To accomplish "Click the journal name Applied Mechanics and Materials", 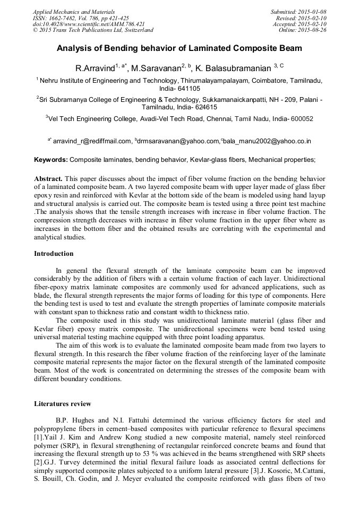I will pyautogui.click(x=74, y=11).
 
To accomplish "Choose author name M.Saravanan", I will pyautogui.click(x=157, y=68).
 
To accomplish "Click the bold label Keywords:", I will pyautogui.click(x=51, y=159).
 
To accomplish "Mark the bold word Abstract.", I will pyautogui.click(x=49, y=177).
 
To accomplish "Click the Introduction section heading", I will pyautogui.click(x=54, y=254).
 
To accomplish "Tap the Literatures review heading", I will pyautogui.click(x=62, y=404).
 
